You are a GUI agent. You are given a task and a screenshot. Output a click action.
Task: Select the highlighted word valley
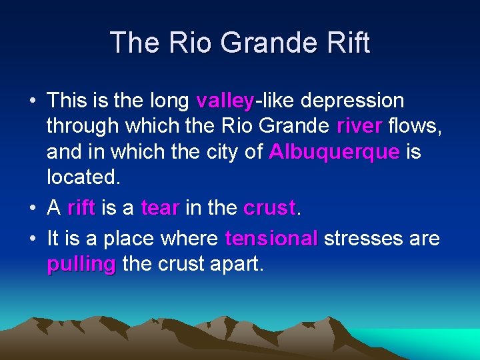(225, 101)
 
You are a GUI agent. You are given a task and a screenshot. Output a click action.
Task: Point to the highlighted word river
(359, 126)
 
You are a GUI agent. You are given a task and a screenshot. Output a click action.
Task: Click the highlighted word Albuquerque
(334, 152)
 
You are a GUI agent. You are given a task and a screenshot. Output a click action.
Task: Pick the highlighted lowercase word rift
(81, 208)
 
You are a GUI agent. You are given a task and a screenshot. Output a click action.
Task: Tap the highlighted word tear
(160, 208)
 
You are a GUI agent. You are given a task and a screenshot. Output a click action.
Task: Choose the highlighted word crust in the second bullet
(269, 208)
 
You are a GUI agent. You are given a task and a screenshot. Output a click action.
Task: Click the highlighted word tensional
(271, 239)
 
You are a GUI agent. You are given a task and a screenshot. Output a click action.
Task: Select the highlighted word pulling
(81, 264)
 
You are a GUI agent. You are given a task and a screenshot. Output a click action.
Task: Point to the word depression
(352, 101)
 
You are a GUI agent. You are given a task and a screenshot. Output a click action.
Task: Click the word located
(83, 177)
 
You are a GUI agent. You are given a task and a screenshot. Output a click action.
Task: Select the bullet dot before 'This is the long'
(32, 102)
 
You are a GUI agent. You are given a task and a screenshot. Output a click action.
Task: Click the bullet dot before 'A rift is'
(32, 209)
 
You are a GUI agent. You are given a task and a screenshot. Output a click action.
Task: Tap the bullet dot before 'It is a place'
(32, 239)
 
